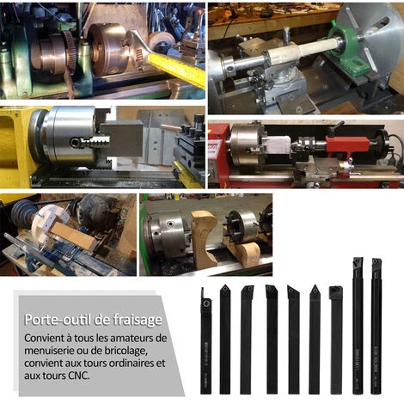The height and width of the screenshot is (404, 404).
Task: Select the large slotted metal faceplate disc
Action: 371,39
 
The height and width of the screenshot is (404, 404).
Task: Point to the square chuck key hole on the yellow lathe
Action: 75,142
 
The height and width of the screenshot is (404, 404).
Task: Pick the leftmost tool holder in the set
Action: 205,341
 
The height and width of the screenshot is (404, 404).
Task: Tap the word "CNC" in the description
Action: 79,376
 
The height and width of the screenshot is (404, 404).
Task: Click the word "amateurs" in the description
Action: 132,338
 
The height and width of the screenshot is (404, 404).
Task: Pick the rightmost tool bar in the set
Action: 376,326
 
